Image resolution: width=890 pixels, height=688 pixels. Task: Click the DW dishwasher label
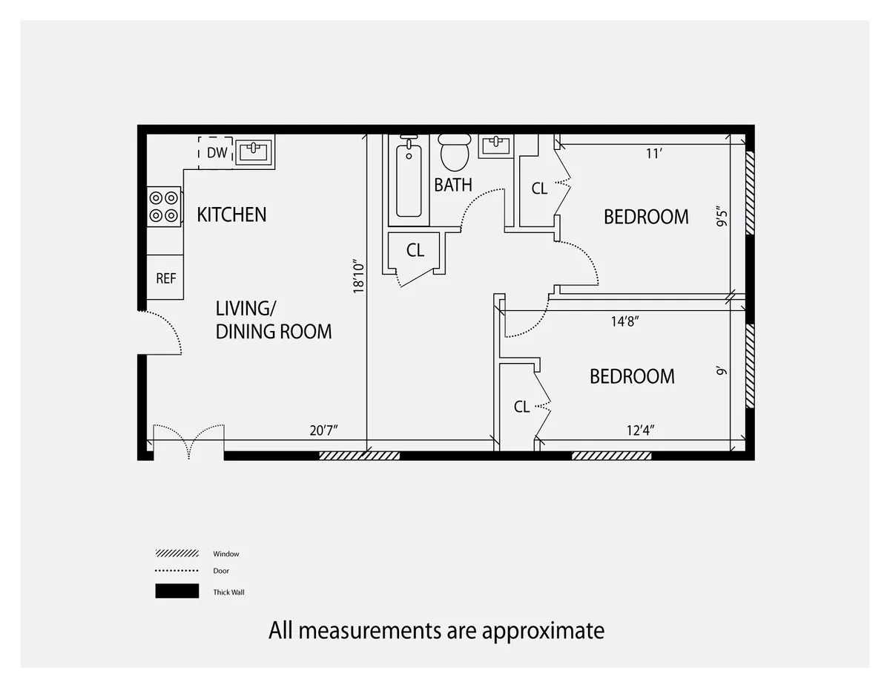(x=216, y=153)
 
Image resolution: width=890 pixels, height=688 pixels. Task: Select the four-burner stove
(x=164, y=206)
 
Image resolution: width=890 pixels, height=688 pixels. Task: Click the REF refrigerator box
(x=165, y=278)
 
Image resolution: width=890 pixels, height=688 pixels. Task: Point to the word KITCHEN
(x=231, y=215)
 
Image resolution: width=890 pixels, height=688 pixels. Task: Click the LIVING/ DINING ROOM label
(x=273, y=320)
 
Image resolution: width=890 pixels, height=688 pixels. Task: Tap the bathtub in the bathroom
(x=409, y=180)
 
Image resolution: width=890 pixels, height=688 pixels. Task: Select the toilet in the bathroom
(x=455, y=153)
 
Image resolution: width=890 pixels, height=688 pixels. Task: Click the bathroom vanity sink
(x=496, y=145)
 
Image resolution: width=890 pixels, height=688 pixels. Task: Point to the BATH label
(x=453, y=185)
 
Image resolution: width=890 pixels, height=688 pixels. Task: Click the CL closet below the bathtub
(x=415, y=251)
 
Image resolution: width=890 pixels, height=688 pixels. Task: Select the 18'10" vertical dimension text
(x=358, y=277)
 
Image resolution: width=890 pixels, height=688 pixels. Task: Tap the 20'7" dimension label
(x=326, y=430)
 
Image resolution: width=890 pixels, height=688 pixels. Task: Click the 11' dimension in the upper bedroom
(x=653, y=154)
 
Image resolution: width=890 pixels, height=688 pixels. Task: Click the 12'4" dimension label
(x=640, y=430)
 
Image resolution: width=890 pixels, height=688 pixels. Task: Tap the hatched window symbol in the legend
(x=177, y=554)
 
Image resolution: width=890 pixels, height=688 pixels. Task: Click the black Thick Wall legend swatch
(x=177, y=592)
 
